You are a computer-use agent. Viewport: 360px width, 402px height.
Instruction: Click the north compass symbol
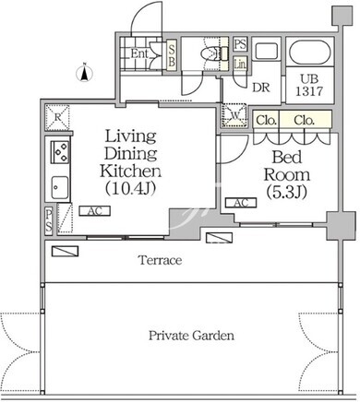[85, 73]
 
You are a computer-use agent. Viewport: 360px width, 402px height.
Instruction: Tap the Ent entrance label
[140, 53]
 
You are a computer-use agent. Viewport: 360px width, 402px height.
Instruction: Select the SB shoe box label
[172, 55]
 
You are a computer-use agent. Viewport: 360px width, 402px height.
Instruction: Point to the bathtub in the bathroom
[310, 52]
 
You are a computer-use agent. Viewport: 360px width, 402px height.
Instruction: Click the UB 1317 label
[309, 85]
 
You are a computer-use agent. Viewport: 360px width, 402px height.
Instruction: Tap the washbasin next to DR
[267, 51]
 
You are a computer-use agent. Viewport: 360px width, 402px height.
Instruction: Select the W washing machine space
[234, 115]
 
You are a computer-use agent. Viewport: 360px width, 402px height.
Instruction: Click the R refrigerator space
[57, 117]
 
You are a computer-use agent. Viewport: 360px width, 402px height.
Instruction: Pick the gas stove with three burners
[60, 152]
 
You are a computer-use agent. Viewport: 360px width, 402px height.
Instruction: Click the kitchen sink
[60, 187]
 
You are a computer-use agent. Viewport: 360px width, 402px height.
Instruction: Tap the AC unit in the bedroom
[241, 203]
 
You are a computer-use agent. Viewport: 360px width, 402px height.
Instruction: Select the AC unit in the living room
[95, 211]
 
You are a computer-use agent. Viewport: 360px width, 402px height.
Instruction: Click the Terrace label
[161, 260]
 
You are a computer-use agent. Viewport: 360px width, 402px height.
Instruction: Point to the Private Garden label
[191, 335]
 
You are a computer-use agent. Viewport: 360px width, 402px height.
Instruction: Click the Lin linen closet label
[240, 64]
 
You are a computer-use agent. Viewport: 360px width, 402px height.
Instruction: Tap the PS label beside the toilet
[240, 44]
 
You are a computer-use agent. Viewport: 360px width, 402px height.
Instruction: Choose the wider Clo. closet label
[304, 120]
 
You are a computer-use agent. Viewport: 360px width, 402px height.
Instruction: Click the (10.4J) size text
[130, 188]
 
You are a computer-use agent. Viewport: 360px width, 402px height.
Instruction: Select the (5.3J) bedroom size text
[286, 192]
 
